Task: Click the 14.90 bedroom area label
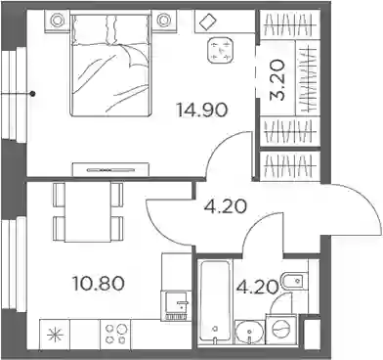pos(201,110)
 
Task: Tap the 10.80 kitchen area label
pos(99,284)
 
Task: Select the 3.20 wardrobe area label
pos(277,79)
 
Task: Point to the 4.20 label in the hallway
pos(225,206)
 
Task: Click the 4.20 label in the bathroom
pos(258,287)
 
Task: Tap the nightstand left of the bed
pos(57,22)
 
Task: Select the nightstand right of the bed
pos(162,22)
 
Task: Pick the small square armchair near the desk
pos(221,50)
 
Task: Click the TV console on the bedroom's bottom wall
pos(110,169)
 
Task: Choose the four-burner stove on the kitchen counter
pos(115,335)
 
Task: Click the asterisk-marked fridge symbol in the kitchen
pos(55,335)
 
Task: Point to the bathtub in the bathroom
pos(215,301)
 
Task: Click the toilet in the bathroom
pos(294,280)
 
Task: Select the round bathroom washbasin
pos(248,333)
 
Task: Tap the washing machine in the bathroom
pos(280,329)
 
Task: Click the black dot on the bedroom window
pos(32,94)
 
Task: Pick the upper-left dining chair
pos(60,195)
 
